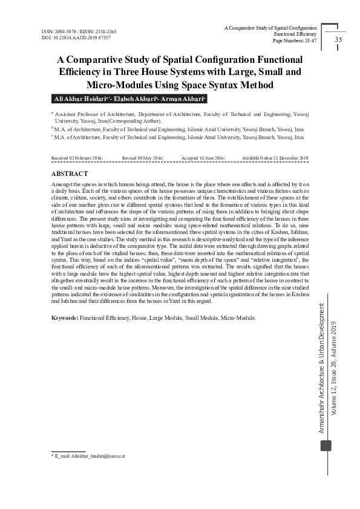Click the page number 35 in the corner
(x=338, y=40)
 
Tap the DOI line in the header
(x=68, y=37)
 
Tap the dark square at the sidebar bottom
(x=326, y=445)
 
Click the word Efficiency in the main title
(x=85, y=72)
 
